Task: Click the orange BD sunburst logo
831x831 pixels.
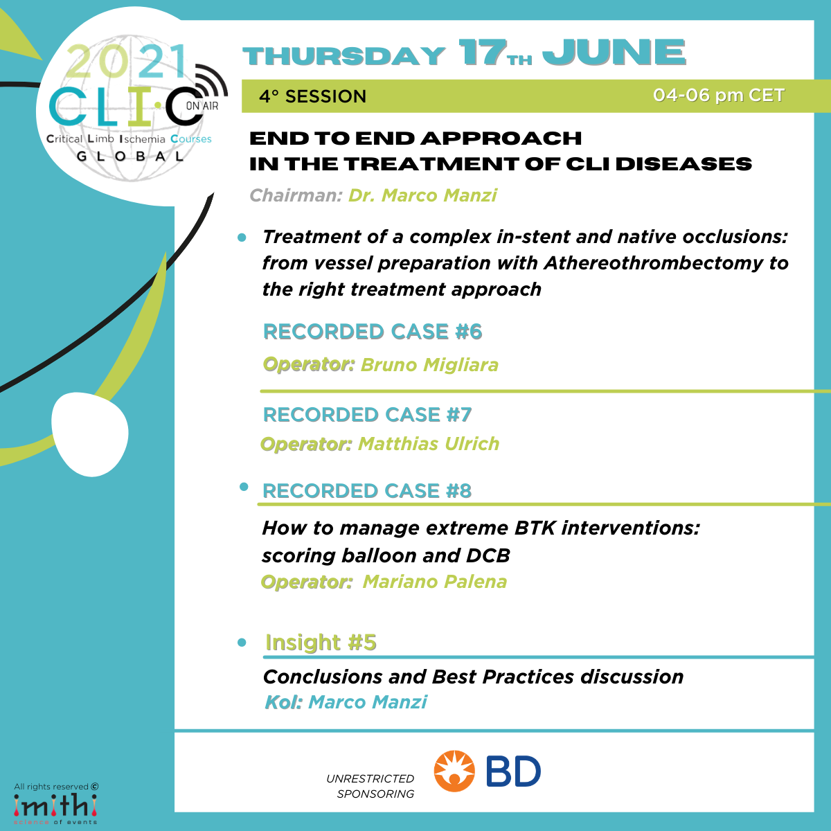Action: coord(454,771)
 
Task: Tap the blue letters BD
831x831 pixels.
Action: coord(513,771)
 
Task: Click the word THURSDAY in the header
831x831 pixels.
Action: coord(343,56)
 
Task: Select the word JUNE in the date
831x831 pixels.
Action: coord(614,53)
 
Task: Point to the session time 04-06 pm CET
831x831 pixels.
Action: coord(718,96)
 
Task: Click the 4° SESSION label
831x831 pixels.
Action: coord(312,96)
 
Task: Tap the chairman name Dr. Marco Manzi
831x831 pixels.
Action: coord(422,195)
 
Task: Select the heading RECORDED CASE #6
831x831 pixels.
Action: coord(373,332)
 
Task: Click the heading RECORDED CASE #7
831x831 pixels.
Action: coord(368,415)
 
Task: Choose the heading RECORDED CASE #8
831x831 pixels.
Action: coord(367,491)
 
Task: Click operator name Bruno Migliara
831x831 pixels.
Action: coord(429,365)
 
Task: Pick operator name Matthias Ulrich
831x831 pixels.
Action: coord(429,444)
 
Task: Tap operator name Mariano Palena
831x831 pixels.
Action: coord(435,582)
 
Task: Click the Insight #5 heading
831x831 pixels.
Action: coord(321,643)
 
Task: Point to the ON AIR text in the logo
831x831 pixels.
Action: coord(202,106)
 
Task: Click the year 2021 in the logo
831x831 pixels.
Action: coord(127,61)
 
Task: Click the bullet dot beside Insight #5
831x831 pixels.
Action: coord(242,643)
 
